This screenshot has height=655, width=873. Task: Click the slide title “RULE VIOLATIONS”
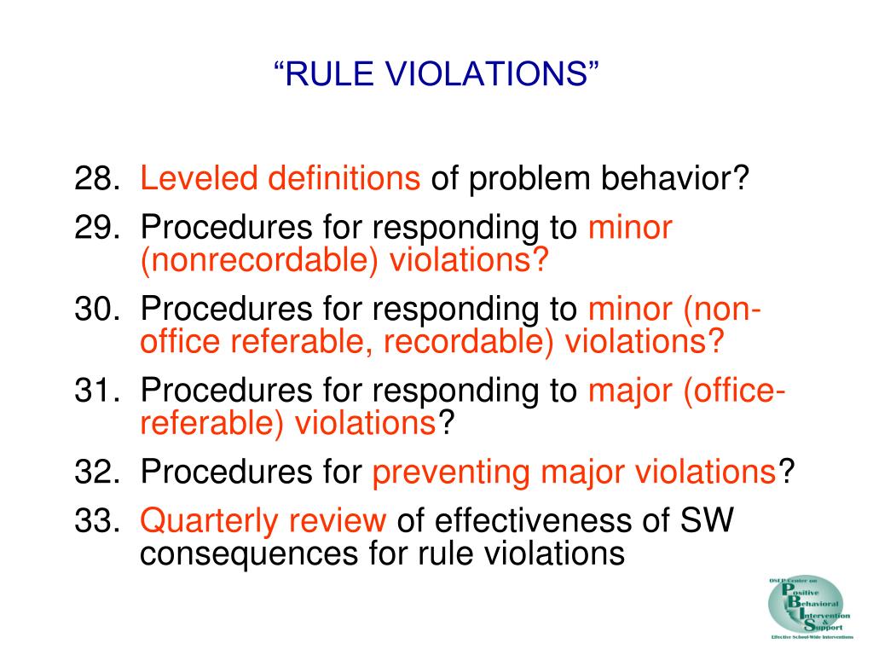tap(436, 75)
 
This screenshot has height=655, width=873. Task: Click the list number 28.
tap(96, 180)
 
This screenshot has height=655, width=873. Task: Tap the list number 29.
tap(96, 229)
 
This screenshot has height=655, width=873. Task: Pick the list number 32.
tap(96, 471)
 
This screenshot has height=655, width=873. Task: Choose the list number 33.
tap(96, 519)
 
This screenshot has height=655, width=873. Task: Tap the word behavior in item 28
tap(676, 180)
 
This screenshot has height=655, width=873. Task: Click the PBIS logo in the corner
tap(809, 606)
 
